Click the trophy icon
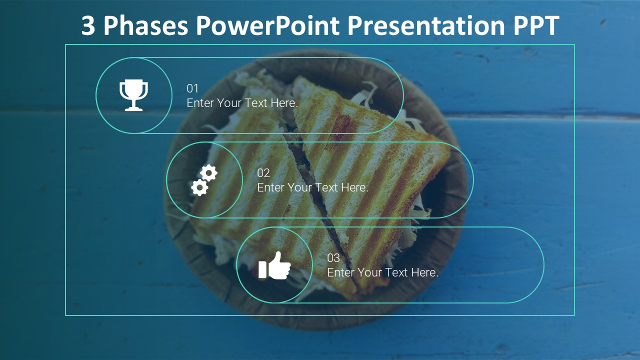point(133,94)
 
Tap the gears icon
point(204,180)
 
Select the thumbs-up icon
point(274,265)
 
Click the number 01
point(192,88)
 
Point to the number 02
point(263,173)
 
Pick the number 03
point(333,258)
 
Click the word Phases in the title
point(145,26)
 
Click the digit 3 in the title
point(88,26)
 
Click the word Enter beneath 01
point(200,103)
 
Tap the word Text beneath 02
point(326,188)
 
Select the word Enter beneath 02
point(270,188)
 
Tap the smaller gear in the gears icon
point(199,188)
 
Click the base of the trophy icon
point(133,108)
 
